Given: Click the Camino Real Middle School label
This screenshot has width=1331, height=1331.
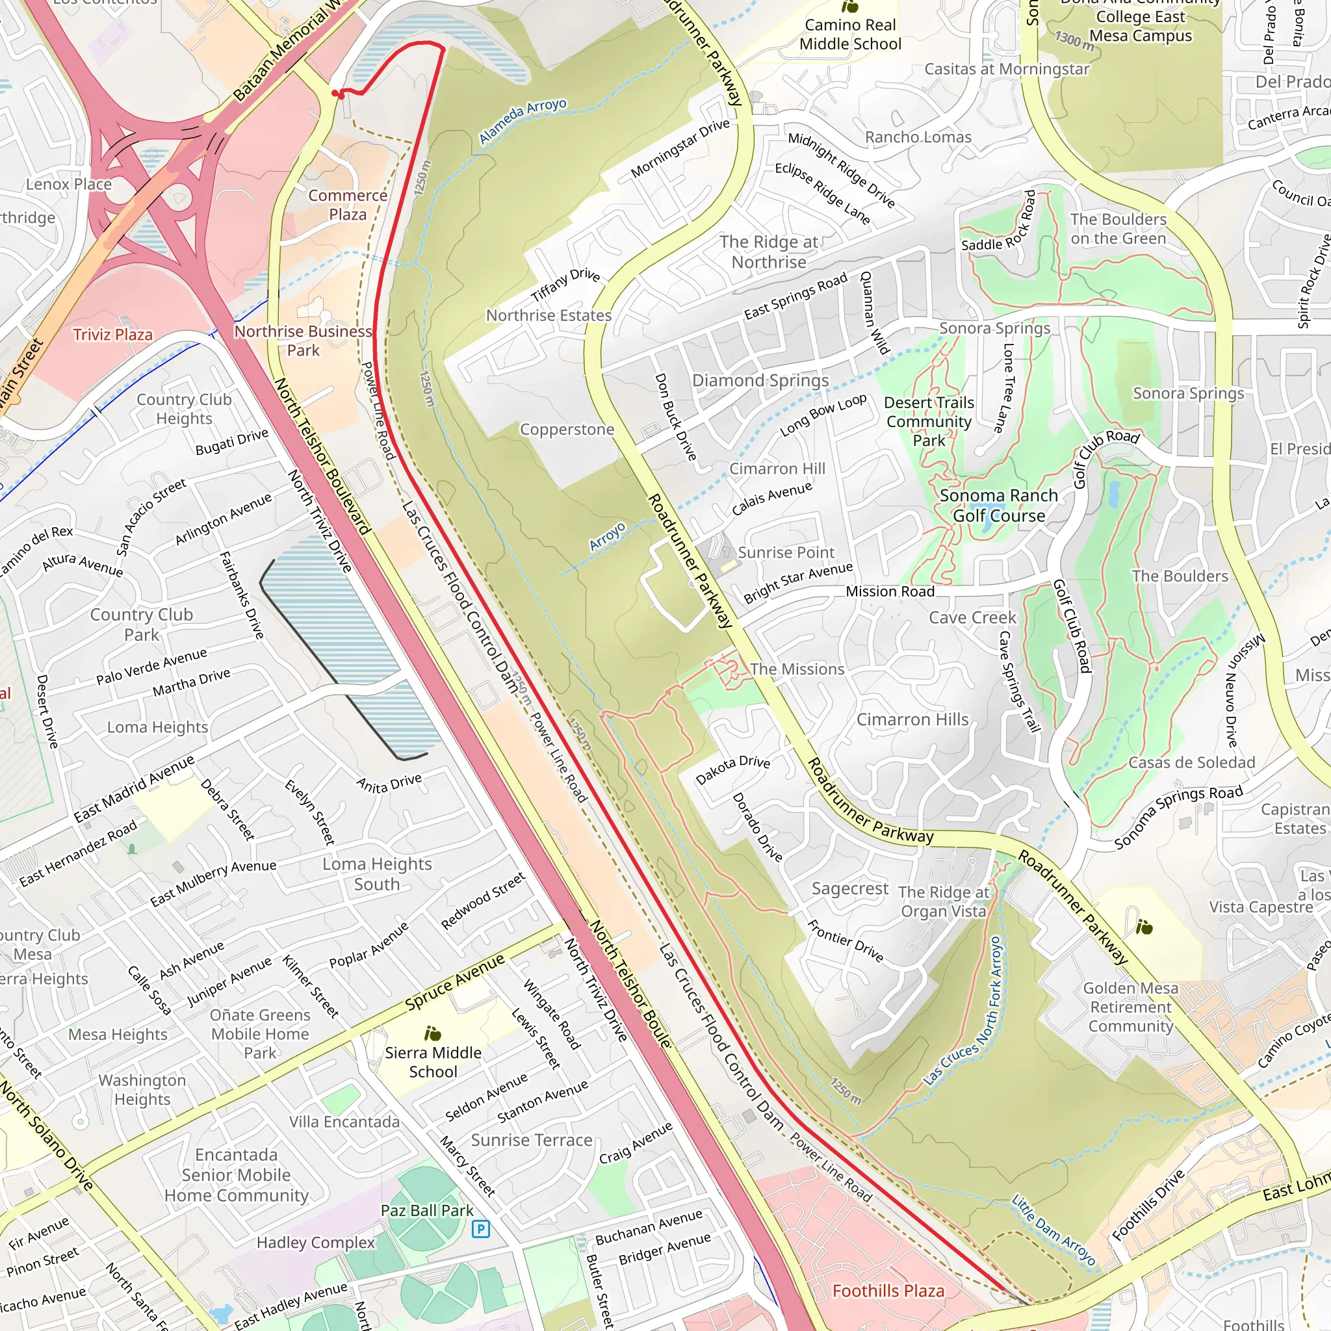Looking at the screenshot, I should pyautogui.click(x=850, y=34).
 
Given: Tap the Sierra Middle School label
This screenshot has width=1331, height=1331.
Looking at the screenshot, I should pyautogui.click(x=433, y=1062).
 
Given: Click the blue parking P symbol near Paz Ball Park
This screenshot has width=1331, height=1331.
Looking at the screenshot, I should pyautogui.click(x=481, y=1228).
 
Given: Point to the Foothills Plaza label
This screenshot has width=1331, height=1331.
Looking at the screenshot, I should pyautogui.click(x=888, y=1290).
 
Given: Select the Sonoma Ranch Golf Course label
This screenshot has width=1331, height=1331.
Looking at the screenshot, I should pyautogui.click(x=998, y=505).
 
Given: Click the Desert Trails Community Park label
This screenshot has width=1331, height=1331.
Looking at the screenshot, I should pyautogui.click(x=929, y=421).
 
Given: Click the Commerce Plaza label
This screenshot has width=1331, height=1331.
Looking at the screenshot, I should pyautogui.click(x=347, y=205).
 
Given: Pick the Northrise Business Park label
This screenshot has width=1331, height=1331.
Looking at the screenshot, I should pyautogui.click(x=303, y=341).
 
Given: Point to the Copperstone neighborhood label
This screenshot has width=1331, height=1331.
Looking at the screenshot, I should pyautogui.click(x=566, y=429).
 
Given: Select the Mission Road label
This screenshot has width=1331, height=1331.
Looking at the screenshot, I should pyautogui.click(x=890, y=591).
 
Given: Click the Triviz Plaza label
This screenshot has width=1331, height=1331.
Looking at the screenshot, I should pyautogui.click(x=113, y=335).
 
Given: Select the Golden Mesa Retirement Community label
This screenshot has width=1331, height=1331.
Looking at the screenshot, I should pyautogui.click(x=1131, y=1007).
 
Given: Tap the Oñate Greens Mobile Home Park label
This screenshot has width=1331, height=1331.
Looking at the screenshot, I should pyautogui.click(x=260, y=1033).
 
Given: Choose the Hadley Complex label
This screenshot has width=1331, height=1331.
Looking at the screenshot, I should pyautogui.click(x=315, y=1242).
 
